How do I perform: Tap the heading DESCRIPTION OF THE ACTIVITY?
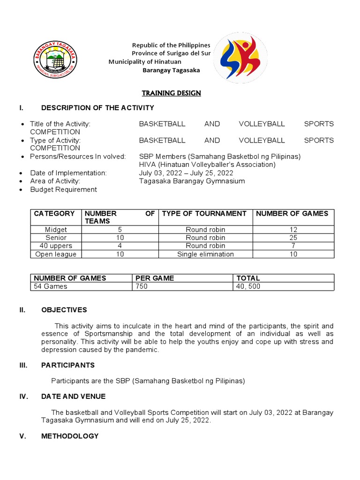click(97, 108)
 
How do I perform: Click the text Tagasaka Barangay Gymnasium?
click(192, 181)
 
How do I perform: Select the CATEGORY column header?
click(54, 213)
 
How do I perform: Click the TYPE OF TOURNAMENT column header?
click(204, 213)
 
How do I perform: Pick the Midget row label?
click(56, 230)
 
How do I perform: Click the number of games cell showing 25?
click(293, 238)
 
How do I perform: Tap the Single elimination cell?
click(205, 254)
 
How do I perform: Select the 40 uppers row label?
click(56, 246)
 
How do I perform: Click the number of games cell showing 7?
click(293, 246)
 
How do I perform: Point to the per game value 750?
click(142, 286)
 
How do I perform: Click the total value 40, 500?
click(248, 286)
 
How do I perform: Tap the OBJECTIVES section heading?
click(64, 310)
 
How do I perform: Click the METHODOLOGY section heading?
click(70, 436)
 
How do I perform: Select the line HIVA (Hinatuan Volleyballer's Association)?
click(207, 165)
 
